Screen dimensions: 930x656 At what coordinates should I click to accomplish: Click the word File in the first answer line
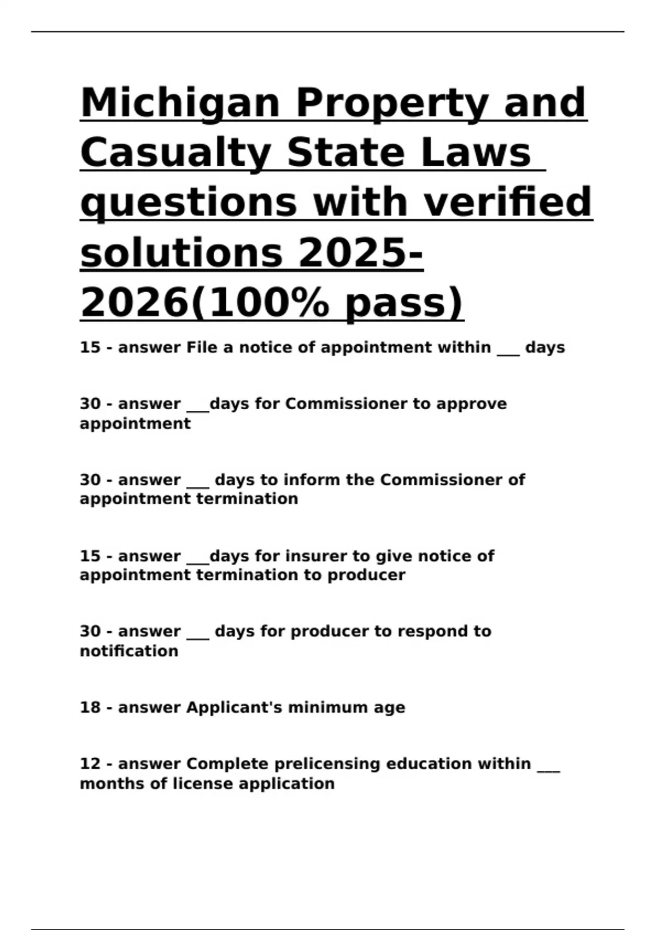click(x=202, y=347)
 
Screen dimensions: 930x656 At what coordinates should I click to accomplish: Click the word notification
click(x=129, y=651)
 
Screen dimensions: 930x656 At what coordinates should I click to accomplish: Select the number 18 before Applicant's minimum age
click(x=90, y=707)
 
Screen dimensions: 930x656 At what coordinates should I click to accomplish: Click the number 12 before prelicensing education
click(x=90, y=764)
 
